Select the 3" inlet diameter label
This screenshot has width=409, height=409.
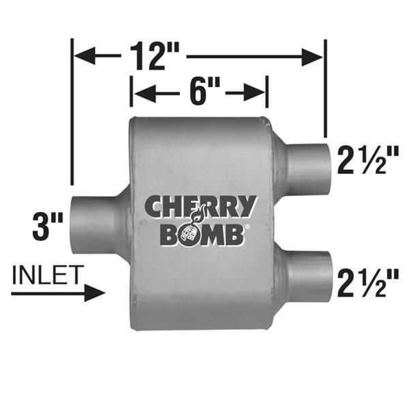point(48,226)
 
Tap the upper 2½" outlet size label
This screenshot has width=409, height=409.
point(369,162)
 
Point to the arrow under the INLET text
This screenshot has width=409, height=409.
point(58,293)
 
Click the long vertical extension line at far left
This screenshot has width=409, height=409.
point(72,112)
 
